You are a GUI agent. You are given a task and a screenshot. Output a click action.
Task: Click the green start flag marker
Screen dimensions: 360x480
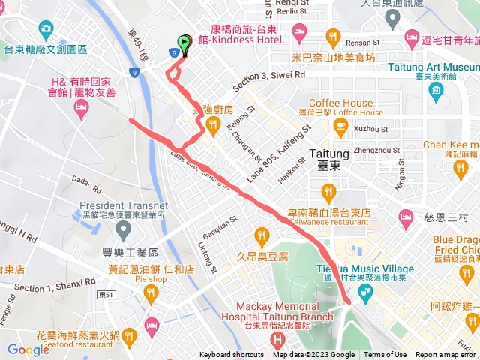[184, 43]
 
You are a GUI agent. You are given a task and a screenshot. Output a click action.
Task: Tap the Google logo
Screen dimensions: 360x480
[28, 349]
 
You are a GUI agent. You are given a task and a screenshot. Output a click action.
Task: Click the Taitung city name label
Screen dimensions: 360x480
[326, 160]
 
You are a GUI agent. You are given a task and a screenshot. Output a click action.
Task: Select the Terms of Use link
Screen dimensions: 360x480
[385, 355]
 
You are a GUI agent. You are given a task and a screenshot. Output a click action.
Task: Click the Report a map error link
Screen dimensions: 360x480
[447, 355]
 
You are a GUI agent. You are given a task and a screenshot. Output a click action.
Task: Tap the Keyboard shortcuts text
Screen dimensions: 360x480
[232, 355]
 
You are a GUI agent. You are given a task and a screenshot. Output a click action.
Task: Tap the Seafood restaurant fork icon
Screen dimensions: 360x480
[129, 334]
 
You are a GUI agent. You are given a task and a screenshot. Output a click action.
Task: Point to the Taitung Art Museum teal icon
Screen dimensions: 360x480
[437, 91]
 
